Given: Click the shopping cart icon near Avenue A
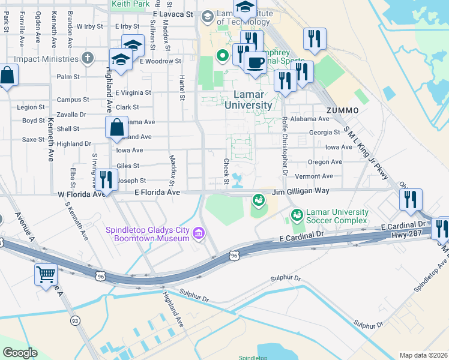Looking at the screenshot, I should point(46,274).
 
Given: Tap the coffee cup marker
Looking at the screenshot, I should point(255,62).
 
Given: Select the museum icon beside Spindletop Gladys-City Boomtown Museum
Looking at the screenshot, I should point(199,233).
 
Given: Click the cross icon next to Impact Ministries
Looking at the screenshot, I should point(88,58).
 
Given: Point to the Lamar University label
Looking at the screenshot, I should point(248,100).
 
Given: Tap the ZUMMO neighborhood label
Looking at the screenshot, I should point(343,110).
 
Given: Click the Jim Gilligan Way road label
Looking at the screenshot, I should point(300,191).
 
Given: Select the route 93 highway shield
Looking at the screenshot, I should point(75,321).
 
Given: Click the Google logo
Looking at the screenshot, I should point(20,353).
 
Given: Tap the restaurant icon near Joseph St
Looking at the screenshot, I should point(106,179).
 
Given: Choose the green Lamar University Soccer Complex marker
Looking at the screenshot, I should point(296,215).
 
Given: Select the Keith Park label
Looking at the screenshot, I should point(130,4).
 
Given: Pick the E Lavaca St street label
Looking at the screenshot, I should point(173,13).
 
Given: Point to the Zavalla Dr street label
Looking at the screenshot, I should point(71,114).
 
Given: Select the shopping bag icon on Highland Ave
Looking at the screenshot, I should point(116,128).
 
